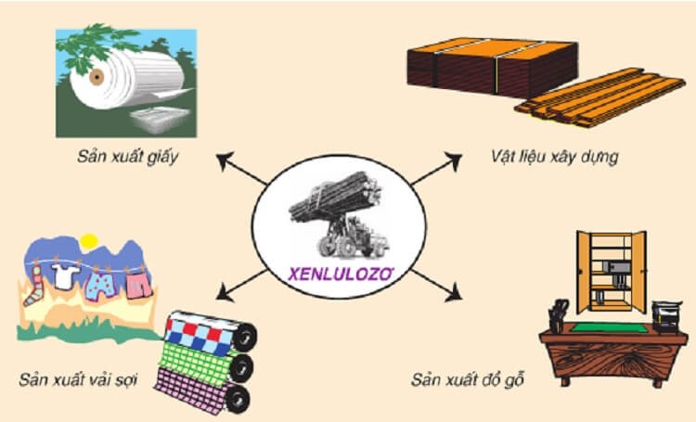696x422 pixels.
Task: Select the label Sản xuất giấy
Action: click(x=128, y=156)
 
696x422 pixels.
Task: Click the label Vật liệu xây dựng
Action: click(x=554, y=156)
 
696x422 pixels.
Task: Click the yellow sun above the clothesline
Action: click(x=88, y=242)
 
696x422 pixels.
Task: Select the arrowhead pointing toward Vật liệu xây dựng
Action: click(x=455, y=159)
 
